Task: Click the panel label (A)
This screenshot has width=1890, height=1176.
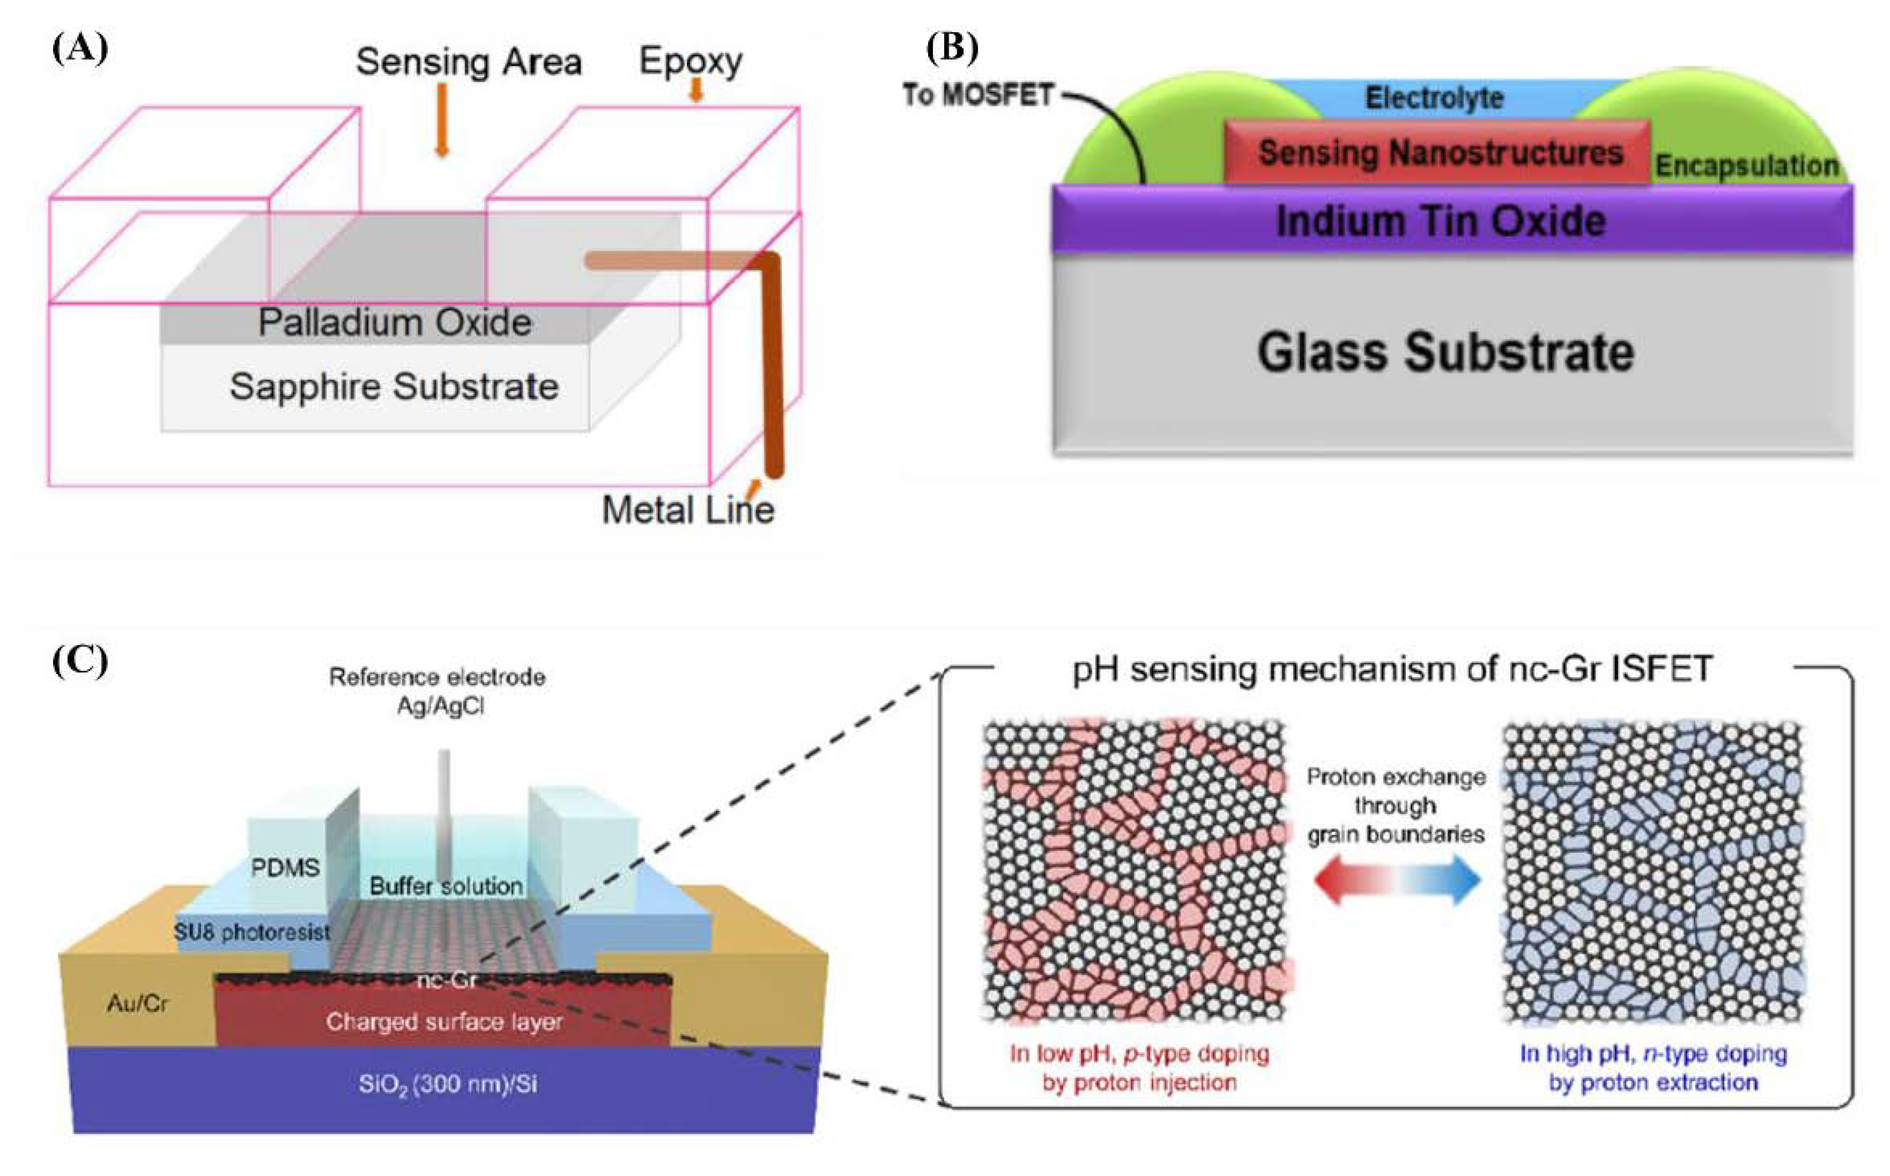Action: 79,49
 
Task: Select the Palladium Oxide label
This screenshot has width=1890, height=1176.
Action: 395,322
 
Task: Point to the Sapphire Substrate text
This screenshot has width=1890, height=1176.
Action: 394,386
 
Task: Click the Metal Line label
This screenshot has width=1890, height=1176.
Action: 688,510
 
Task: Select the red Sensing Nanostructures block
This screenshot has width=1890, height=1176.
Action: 1438,152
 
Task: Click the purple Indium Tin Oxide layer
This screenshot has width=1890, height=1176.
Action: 1441,221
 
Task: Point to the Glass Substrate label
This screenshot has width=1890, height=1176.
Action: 1445,352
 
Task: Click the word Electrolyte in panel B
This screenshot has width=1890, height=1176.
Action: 1434,98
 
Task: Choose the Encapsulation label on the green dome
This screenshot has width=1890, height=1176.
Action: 1746,166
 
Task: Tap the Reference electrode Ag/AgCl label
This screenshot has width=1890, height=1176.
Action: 438,691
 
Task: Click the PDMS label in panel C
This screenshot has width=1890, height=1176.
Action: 285,867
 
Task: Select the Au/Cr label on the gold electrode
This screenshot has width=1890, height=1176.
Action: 137,1003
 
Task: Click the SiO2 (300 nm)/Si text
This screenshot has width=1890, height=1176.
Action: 447,1083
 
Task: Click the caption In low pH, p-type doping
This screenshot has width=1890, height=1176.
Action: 1139,1054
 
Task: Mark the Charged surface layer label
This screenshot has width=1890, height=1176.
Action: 444,1021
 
